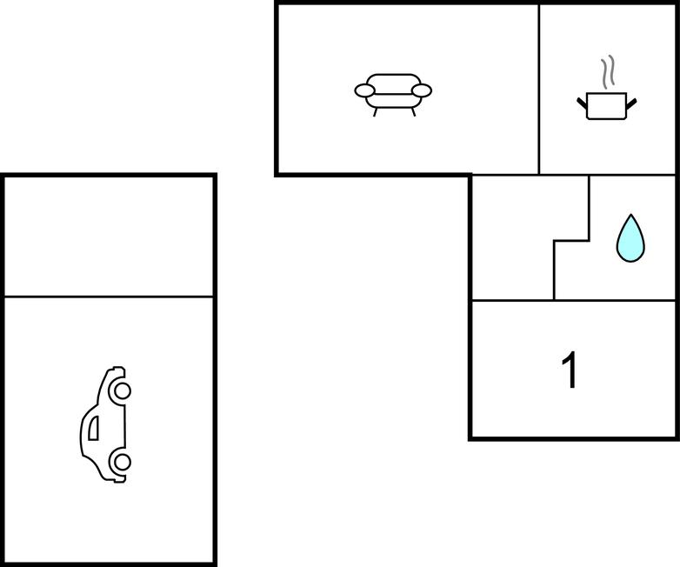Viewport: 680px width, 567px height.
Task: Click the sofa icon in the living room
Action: tap(393, 95)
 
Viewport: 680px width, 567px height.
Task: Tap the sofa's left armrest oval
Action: tap(364, 90)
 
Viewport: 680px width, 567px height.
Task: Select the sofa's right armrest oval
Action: tap(422, 90)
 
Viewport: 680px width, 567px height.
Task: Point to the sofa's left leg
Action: tap(375, 112)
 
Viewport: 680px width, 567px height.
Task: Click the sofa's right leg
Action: tap(413, 112)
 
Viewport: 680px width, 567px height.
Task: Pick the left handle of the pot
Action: tap(582, 103)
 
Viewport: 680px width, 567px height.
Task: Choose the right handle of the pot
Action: tap(631, 103)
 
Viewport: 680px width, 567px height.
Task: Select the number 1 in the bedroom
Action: tap(570, 370)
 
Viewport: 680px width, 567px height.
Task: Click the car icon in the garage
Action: tap(105, 424)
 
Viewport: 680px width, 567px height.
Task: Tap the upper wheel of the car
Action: tap(122, 390)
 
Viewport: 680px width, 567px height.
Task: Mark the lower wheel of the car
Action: tap(122, 463)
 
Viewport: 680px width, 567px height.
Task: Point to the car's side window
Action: tap(93, 428)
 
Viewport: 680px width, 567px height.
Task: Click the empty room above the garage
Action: tap(109, 237)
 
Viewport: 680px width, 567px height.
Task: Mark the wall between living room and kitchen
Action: tap(539, 90)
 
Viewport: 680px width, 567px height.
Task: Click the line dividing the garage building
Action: tap(109, 297)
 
